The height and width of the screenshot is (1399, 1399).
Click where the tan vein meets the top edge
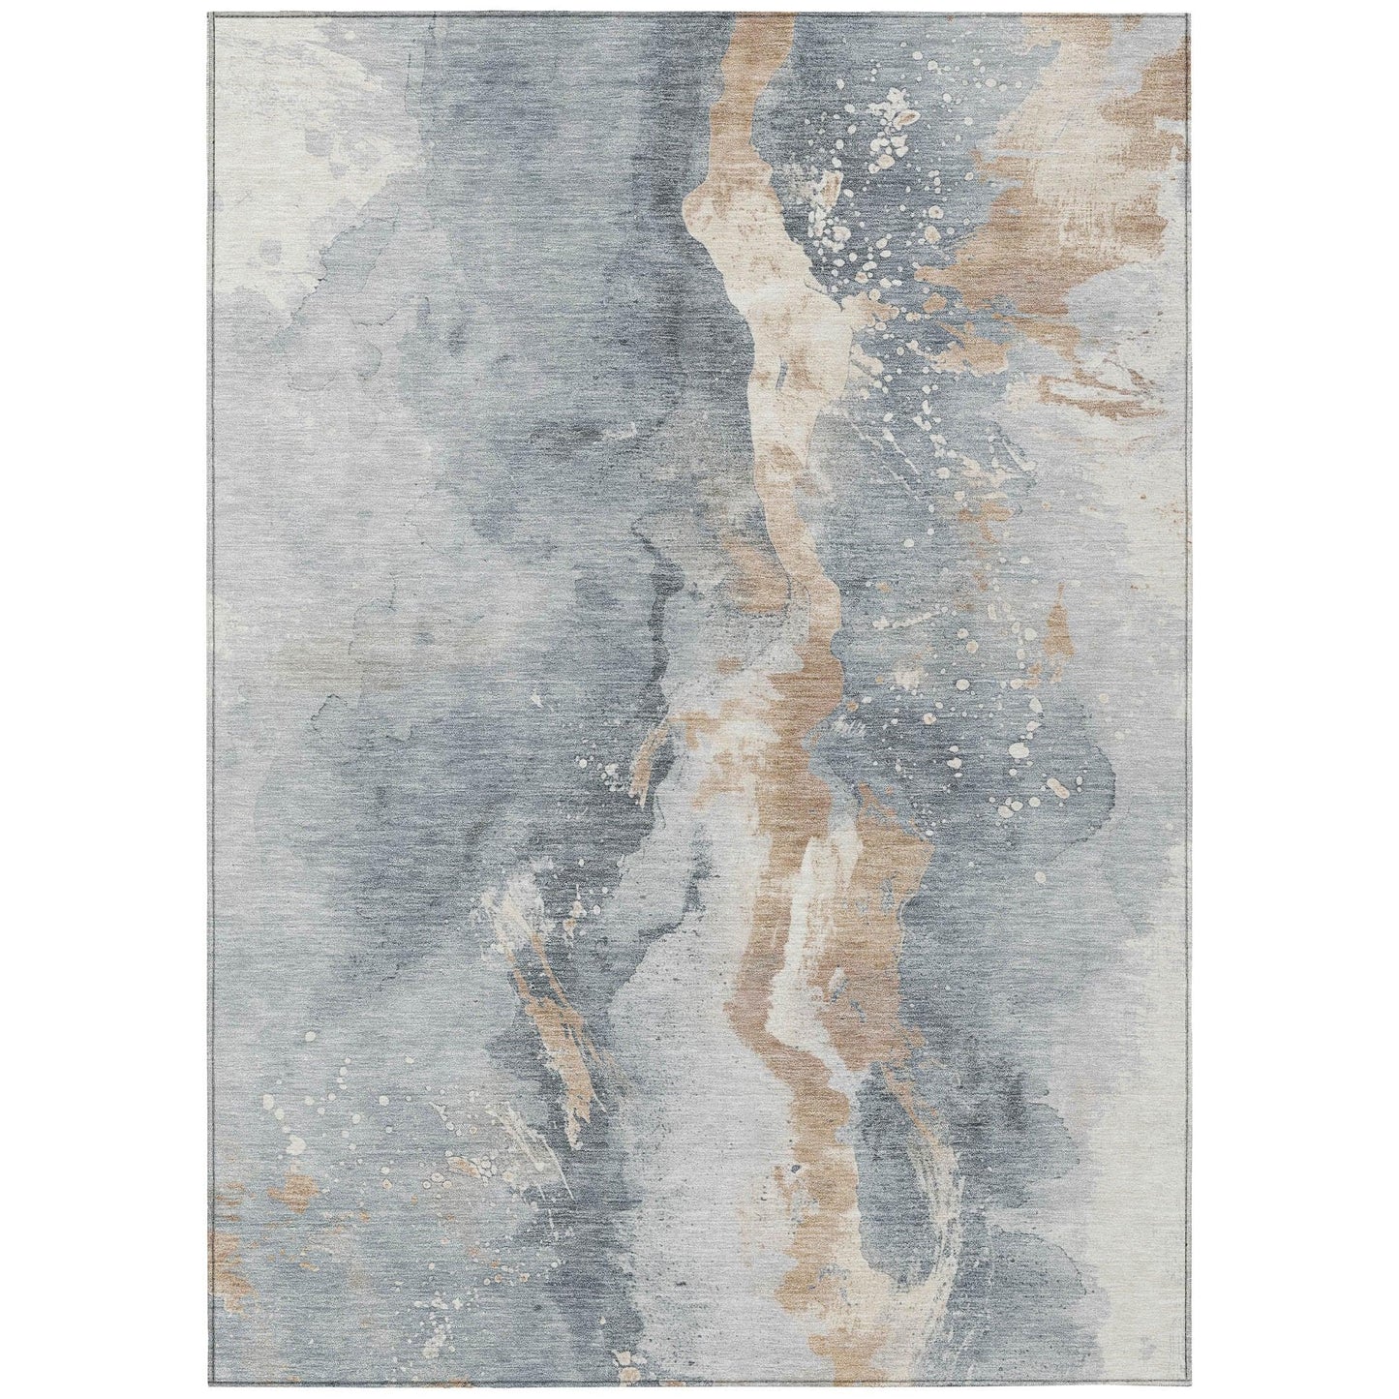point(765,19)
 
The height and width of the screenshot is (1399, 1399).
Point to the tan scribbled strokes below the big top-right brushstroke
point(1084,387)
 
